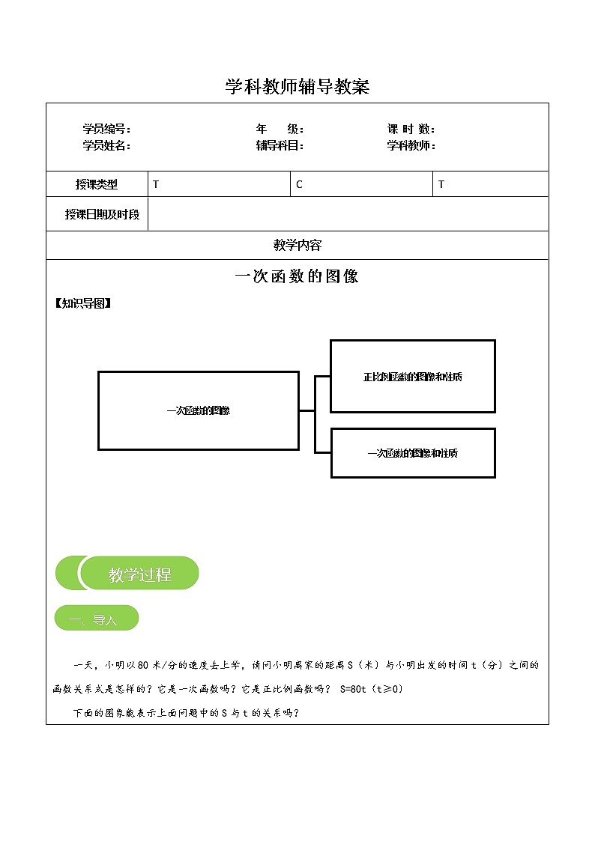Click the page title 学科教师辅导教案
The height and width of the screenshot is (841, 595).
pos(297,87)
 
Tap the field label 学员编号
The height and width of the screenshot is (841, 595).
pos(106,130)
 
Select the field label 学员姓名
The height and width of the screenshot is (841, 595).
pos(106,145)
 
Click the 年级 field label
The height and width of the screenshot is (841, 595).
pos(279,130)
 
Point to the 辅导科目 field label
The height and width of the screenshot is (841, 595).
pos(279,145)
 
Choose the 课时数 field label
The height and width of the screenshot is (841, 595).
pos(411,130)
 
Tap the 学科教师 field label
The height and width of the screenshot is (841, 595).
pos(411,145)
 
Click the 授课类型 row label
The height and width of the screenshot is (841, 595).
pos(97,184)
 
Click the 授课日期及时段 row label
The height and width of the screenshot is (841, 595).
pos(102,214)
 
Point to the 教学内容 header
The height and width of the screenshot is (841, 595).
pos(297,245)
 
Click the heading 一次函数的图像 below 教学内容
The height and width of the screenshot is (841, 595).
pos(297,276)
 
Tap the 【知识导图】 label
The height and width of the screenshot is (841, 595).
pos(82,303)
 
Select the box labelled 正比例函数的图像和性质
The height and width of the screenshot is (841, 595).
pos(413,377)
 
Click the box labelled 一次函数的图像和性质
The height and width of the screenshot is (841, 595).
pos(413,453)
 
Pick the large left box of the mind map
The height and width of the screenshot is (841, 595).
pos(199,410)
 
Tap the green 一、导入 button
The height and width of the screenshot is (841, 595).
pos(97,619)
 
